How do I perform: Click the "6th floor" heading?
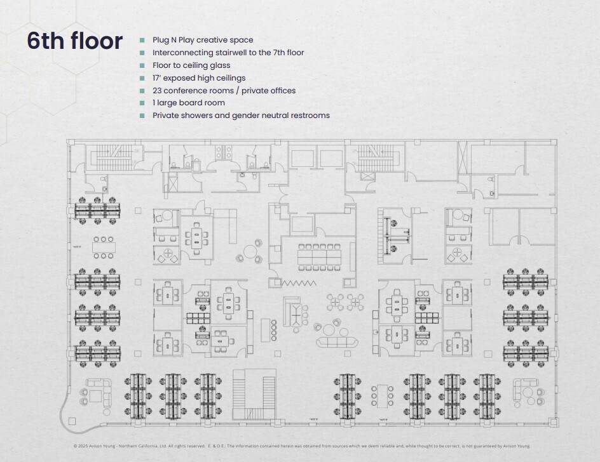[x=74, y=41]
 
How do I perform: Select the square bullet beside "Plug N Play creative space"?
[x=142, y=40]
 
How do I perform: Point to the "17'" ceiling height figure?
[x=157, y=78]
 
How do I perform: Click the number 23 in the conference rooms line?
[x=157, y=91]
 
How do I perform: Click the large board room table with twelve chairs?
[x=321, y=254]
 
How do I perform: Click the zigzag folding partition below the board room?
[x=299, y=283]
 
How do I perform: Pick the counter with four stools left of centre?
[x=266, y=330]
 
